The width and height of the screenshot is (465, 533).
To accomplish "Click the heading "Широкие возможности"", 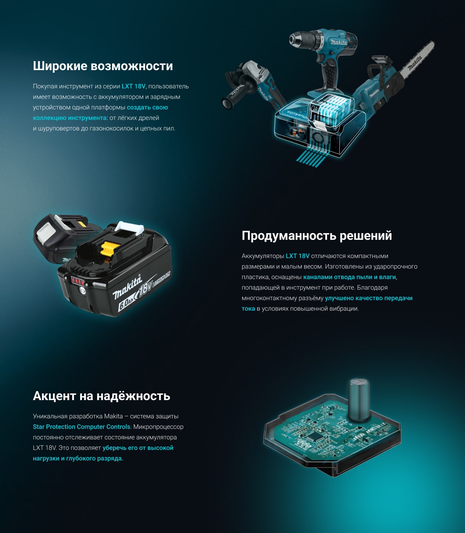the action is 103,66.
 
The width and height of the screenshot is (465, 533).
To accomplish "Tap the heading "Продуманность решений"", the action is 317,236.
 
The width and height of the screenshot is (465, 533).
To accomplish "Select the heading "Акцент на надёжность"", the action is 102,396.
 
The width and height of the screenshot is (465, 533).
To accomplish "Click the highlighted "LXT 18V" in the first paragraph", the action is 133,86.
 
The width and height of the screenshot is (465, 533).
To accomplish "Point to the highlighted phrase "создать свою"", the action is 147,107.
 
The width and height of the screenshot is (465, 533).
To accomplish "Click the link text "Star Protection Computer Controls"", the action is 81,427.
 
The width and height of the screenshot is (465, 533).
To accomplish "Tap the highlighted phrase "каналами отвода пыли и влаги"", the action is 349,277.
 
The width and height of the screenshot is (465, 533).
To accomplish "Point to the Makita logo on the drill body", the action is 339,42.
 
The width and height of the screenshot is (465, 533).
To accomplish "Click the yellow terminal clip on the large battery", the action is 110,249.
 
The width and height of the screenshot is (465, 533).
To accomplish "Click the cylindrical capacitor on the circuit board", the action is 359,400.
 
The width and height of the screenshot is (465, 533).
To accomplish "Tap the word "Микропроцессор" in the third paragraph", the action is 158,427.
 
